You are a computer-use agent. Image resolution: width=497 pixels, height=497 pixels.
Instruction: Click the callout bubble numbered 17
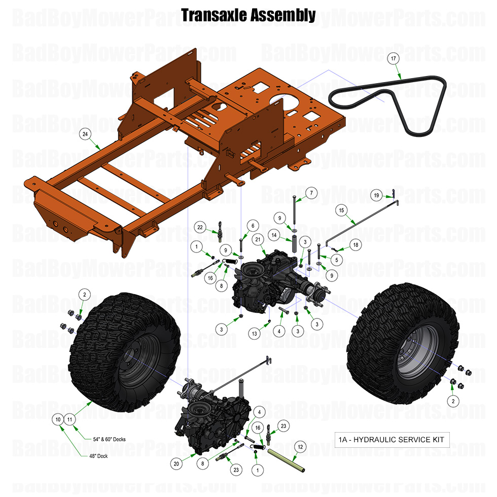click(x=393, y=59)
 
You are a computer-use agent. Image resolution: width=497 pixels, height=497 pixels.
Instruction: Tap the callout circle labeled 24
click(x=85, y=134)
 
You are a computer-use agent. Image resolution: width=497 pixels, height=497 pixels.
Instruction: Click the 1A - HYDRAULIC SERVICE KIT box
click(x=392, y=439)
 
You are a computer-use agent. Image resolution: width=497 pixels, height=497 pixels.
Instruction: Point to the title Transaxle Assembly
click(x=248, y=15)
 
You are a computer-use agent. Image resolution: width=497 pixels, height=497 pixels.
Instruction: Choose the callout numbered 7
click(x=311, y=193)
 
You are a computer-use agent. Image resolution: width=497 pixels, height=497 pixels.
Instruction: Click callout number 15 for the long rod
click(x=341, y=209)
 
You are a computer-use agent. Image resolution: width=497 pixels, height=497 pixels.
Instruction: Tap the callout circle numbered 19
click(x=376, y=195)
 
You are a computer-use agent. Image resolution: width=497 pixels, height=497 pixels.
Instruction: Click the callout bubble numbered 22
click(x=201, y=228)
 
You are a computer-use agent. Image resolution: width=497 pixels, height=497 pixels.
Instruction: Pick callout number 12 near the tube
click(x=300, y=447)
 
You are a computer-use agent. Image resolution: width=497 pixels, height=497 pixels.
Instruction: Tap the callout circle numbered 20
click(x=176, y=463)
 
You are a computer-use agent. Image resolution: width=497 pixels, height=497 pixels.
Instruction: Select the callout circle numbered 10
click(x=58, y=419)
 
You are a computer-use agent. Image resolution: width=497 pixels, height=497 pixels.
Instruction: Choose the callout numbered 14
click(x=273, y=235)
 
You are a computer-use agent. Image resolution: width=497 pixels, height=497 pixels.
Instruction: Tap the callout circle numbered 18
click(x=356, y=245)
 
